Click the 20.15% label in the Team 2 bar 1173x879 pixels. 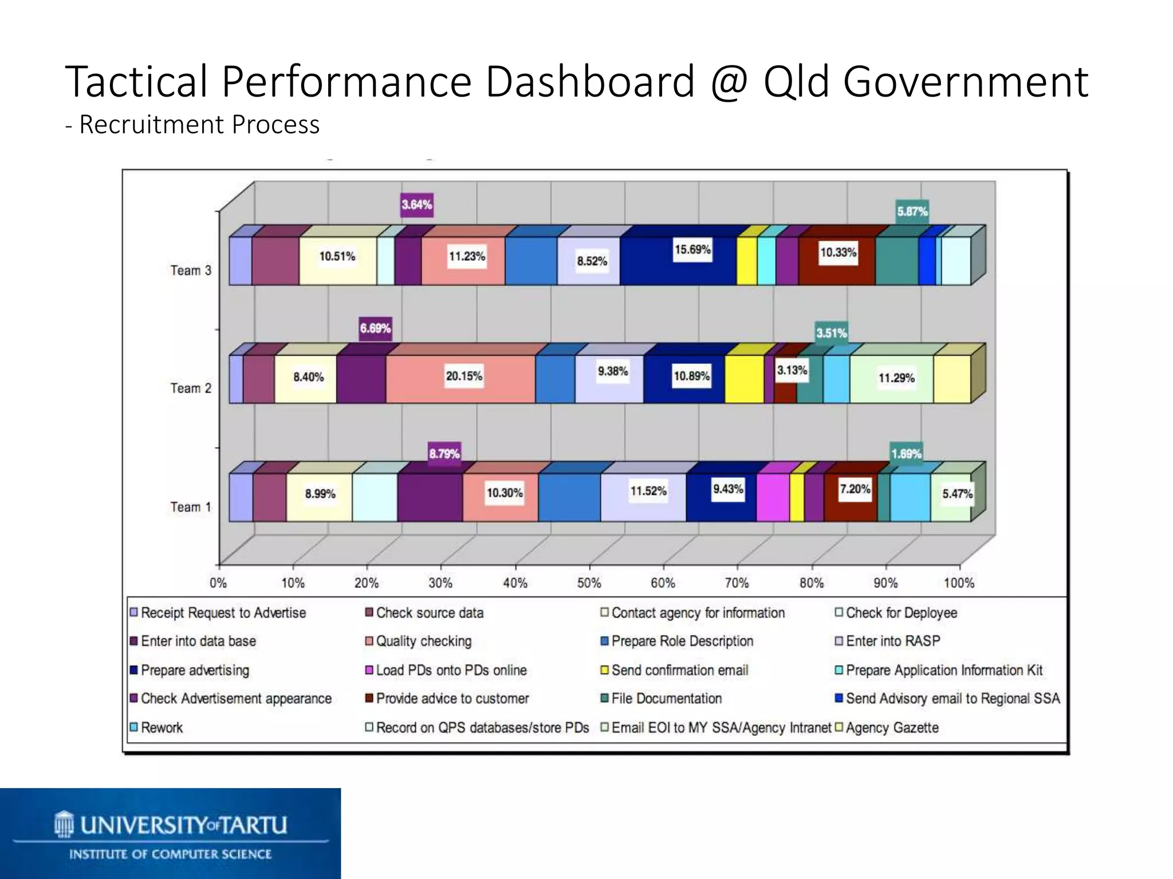point(464,376)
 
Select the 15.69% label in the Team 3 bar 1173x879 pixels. point(692,250)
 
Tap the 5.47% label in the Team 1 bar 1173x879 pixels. point(957,493)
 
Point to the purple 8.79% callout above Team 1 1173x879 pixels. point(444,454)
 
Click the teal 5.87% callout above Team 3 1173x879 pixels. point(912,211)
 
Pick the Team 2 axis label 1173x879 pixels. point(191,388)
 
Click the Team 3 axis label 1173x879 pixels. point(191,270)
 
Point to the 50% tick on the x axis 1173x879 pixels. point(589,583)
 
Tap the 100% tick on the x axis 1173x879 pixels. point(959,583)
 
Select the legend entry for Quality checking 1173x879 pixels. point(423,641)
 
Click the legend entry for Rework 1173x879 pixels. point(161,727)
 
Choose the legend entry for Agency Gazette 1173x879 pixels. point(891,727)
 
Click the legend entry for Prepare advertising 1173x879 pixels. point(194,670)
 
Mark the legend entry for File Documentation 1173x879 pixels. point(666,698)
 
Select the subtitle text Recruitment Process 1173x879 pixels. point(199,125)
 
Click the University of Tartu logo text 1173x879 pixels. point(183,825)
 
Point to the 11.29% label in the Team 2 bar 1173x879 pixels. point(896,378)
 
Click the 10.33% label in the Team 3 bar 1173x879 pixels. point(838,252)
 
